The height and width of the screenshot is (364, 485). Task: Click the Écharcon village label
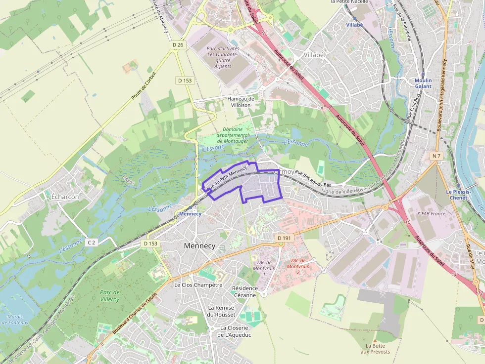click(65, 197)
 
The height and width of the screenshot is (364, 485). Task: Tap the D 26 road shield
click(178, 45)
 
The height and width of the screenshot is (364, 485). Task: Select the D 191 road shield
click(285, 238)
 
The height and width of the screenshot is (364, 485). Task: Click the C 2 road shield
click(91, 242)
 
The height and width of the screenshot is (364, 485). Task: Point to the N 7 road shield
click(436, 156)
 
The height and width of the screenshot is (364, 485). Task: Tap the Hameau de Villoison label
click(241, 102)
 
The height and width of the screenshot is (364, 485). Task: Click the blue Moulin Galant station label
click(423, 83)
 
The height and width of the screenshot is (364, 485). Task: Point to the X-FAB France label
click(431, 214)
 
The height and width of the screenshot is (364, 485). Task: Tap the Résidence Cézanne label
click(245, 291)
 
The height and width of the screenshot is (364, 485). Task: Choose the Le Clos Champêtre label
click(198, 285)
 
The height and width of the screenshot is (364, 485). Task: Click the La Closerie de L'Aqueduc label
click(236, 331)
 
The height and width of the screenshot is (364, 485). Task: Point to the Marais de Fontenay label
click(16, 320)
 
